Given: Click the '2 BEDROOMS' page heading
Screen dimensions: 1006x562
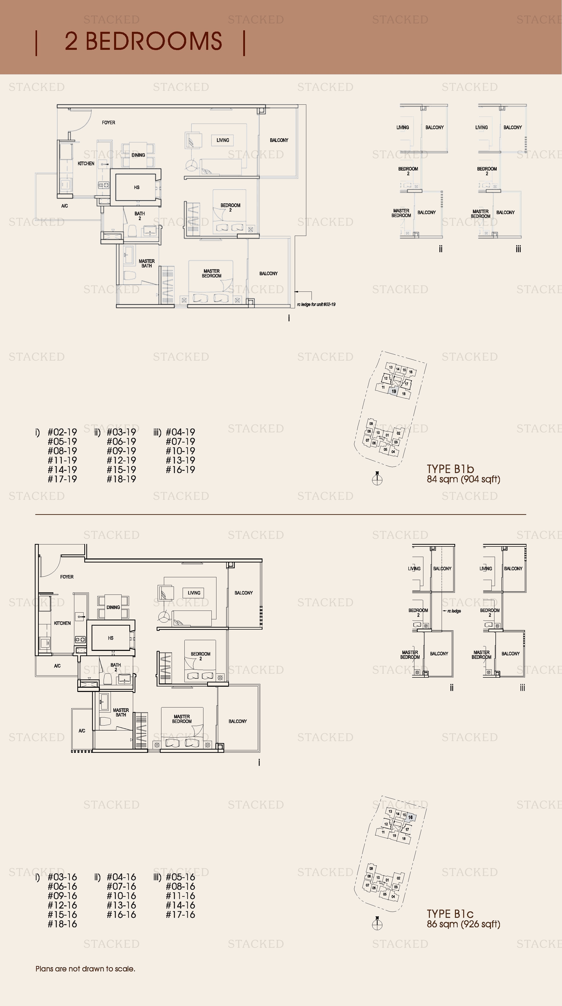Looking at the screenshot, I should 143,41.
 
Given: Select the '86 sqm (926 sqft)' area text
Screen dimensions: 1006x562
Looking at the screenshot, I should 463,924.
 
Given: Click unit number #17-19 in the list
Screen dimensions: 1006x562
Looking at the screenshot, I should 63,479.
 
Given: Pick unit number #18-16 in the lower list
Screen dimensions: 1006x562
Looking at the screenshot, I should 63,924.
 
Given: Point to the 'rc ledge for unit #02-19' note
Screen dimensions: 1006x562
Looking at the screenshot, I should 316,304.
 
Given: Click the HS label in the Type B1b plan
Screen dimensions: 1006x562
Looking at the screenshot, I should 137,188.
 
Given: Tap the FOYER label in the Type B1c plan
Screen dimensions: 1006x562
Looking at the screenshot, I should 67,577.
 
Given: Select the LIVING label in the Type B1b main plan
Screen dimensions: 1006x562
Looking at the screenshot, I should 223,140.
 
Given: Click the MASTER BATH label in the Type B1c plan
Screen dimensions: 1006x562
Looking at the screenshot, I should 121,712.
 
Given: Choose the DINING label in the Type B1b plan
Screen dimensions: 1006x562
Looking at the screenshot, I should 138,155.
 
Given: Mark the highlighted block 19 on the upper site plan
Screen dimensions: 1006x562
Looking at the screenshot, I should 394,391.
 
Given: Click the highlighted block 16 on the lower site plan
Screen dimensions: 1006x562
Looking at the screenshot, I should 410,817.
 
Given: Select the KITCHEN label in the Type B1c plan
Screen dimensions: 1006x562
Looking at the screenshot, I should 63,623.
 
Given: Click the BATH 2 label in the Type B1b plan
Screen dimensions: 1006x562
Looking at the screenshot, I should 140,216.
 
